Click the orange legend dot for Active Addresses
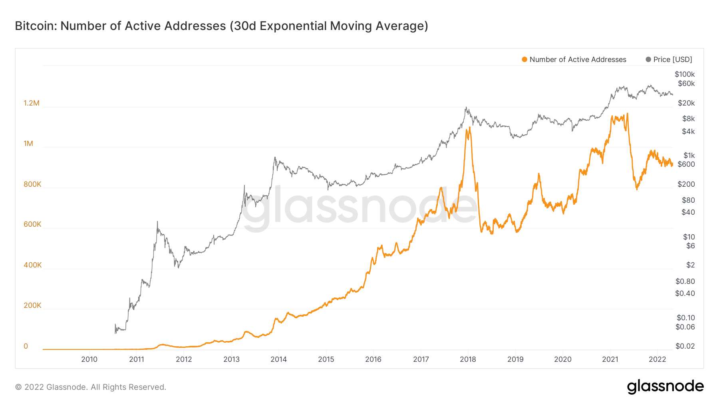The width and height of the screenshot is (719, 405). pyautogui.click(x=524, y=60)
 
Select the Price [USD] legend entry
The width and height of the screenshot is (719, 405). pyautogui.click(x=672, y=60)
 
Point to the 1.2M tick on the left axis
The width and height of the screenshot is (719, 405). pyautogui.click(x=32, y=103)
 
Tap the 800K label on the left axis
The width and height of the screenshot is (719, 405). pyautogui.click(x=32, y=184)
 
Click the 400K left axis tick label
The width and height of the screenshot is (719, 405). pyautogui.click(x=32, y=265)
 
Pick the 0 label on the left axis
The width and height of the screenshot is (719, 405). pyautogui.click(x=26, y=346)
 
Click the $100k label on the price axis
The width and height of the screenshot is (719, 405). pyautogui.click(x=685, y=74)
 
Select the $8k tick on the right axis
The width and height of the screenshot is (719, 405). pyautogui.click(x=688, y=119)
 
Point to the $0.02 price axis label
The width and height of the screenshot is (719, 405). pyautogui.click(x=685, y=346)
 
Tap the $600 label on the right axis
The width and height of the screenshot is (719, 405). pyautogui.click(x=686, y=164)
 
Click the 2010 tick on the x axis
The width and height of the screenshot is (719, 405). pyautogui.click(x=89, y=359)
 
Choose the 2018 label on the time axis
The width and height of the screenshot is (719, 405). pyautogui.click(x=468, y=359)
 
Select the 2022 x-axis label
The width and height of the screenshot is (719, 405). pyautogui.click(x=657, y=359)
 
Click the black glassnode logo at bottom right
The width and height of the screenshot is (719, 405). pyautogui.click(x=665, y=387)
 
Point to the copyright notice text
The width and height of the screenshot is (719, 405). pyautogui.click(x=91, y=387)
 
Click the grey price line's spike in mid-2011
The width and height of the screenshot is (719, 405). pyautogui.click(x=157, y=221)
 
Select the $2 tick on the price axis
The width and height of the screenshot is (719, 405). pyautogui.click(x=690, y=265)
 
